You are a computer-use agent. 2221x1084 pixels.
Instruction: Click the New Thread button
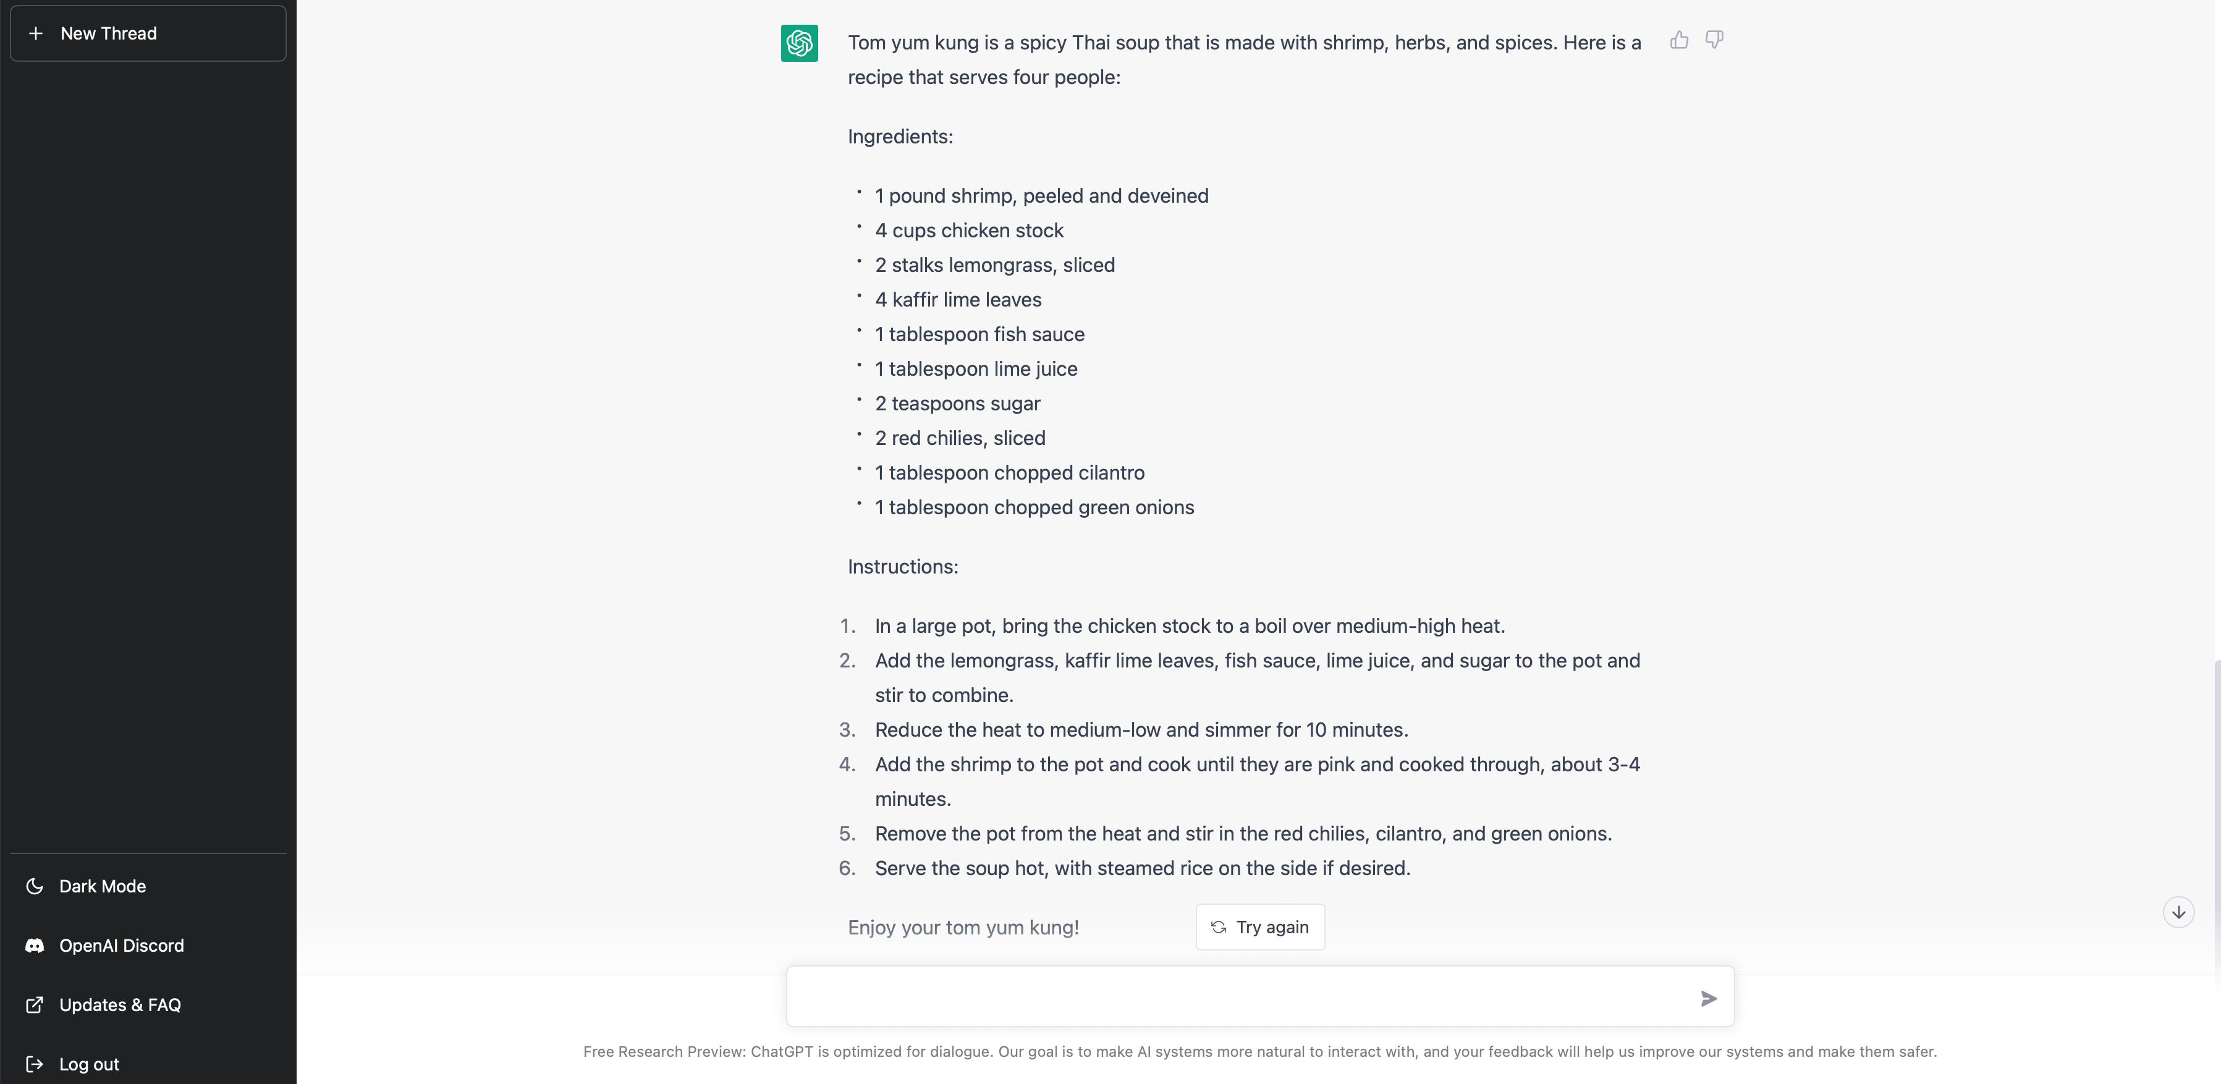(x=148, y=33)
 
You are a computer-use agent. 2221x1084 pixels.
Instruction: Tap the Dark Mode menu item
(x=102, y=886)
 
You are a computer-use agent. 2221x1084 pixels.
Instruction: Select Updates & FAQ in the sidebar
(x=119, y=1005)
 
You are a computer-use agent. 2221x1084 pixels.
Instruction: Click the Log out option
(x=89, y=1064)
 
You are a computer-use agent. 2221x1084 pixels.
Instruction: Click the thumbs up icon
(x=1678, y=41)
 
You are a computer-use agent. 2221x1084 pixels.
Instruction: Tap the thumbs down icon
(x=1714, y=41)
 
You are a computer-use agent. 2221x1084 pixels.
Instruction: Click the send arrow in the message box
(x=1708, y=999)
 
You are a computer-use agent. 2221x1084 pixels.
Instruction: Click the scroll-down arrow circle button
(x=2178, y=912)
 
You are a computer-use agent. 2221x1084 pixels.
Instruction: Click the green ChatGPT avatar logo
(x=799, y=43)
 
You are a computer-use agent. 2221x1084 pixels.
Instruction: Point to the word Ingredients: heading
(x=900, y=136)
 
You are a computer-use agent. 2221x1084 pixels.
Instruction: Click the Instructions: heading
(x=903, y=567)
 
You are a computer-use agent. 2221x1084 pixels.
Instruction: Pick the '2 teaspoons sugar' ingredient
(x=957, y=404)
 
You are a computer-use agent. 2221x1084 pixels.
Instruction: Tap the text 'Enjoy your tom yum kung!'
(x=963, y=927)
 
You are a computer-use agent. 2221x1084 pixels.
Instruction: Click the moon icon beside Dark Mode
(x=35, y=886)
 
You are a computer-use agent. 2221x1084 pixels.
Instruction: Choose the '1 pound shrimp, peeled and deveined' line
(x=1041, y=196)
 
